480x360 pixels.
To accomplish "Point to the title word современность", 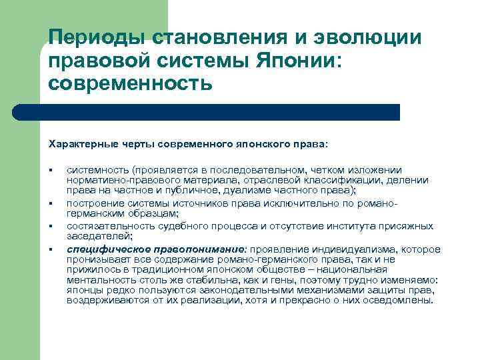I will (x=131, y=84).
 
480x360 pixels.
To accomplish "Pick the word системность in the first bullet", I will (x=97, y=171).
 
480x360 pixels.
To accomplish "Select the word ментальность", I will (x=96, y=281).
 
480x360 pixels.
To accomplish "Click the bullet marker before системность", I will (x=50, y=171).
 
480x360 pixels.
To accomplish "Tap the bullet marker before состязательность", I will (x=50, y=227).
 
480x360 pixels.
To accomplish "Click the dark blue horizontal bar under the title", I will (x=220, y=112).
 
